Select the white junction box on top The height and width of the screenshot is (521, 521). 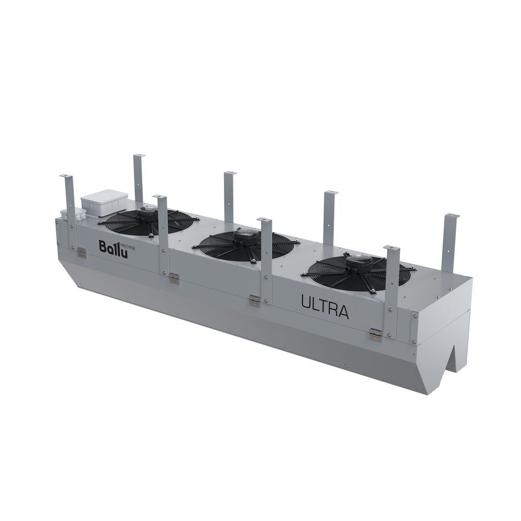(x=104, y=202)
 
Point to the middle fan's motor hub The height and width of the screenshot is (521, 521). (x=244, y=238)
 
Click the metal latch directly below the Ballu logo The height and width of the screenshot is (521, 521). (x=81, y=253)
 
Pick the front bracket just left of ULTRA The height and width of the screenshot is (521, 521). (x=266, y=260)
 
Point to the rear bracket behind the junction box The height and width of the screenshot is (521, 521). (x=139, y=177)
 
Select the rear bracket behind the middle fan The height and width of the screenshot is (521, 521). (x=229, y=195)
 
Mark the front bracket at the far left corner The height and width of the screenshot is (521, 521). (x=68, y=208)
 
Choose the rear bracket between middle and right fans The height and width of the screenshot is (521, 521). (x=330, y=216)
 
